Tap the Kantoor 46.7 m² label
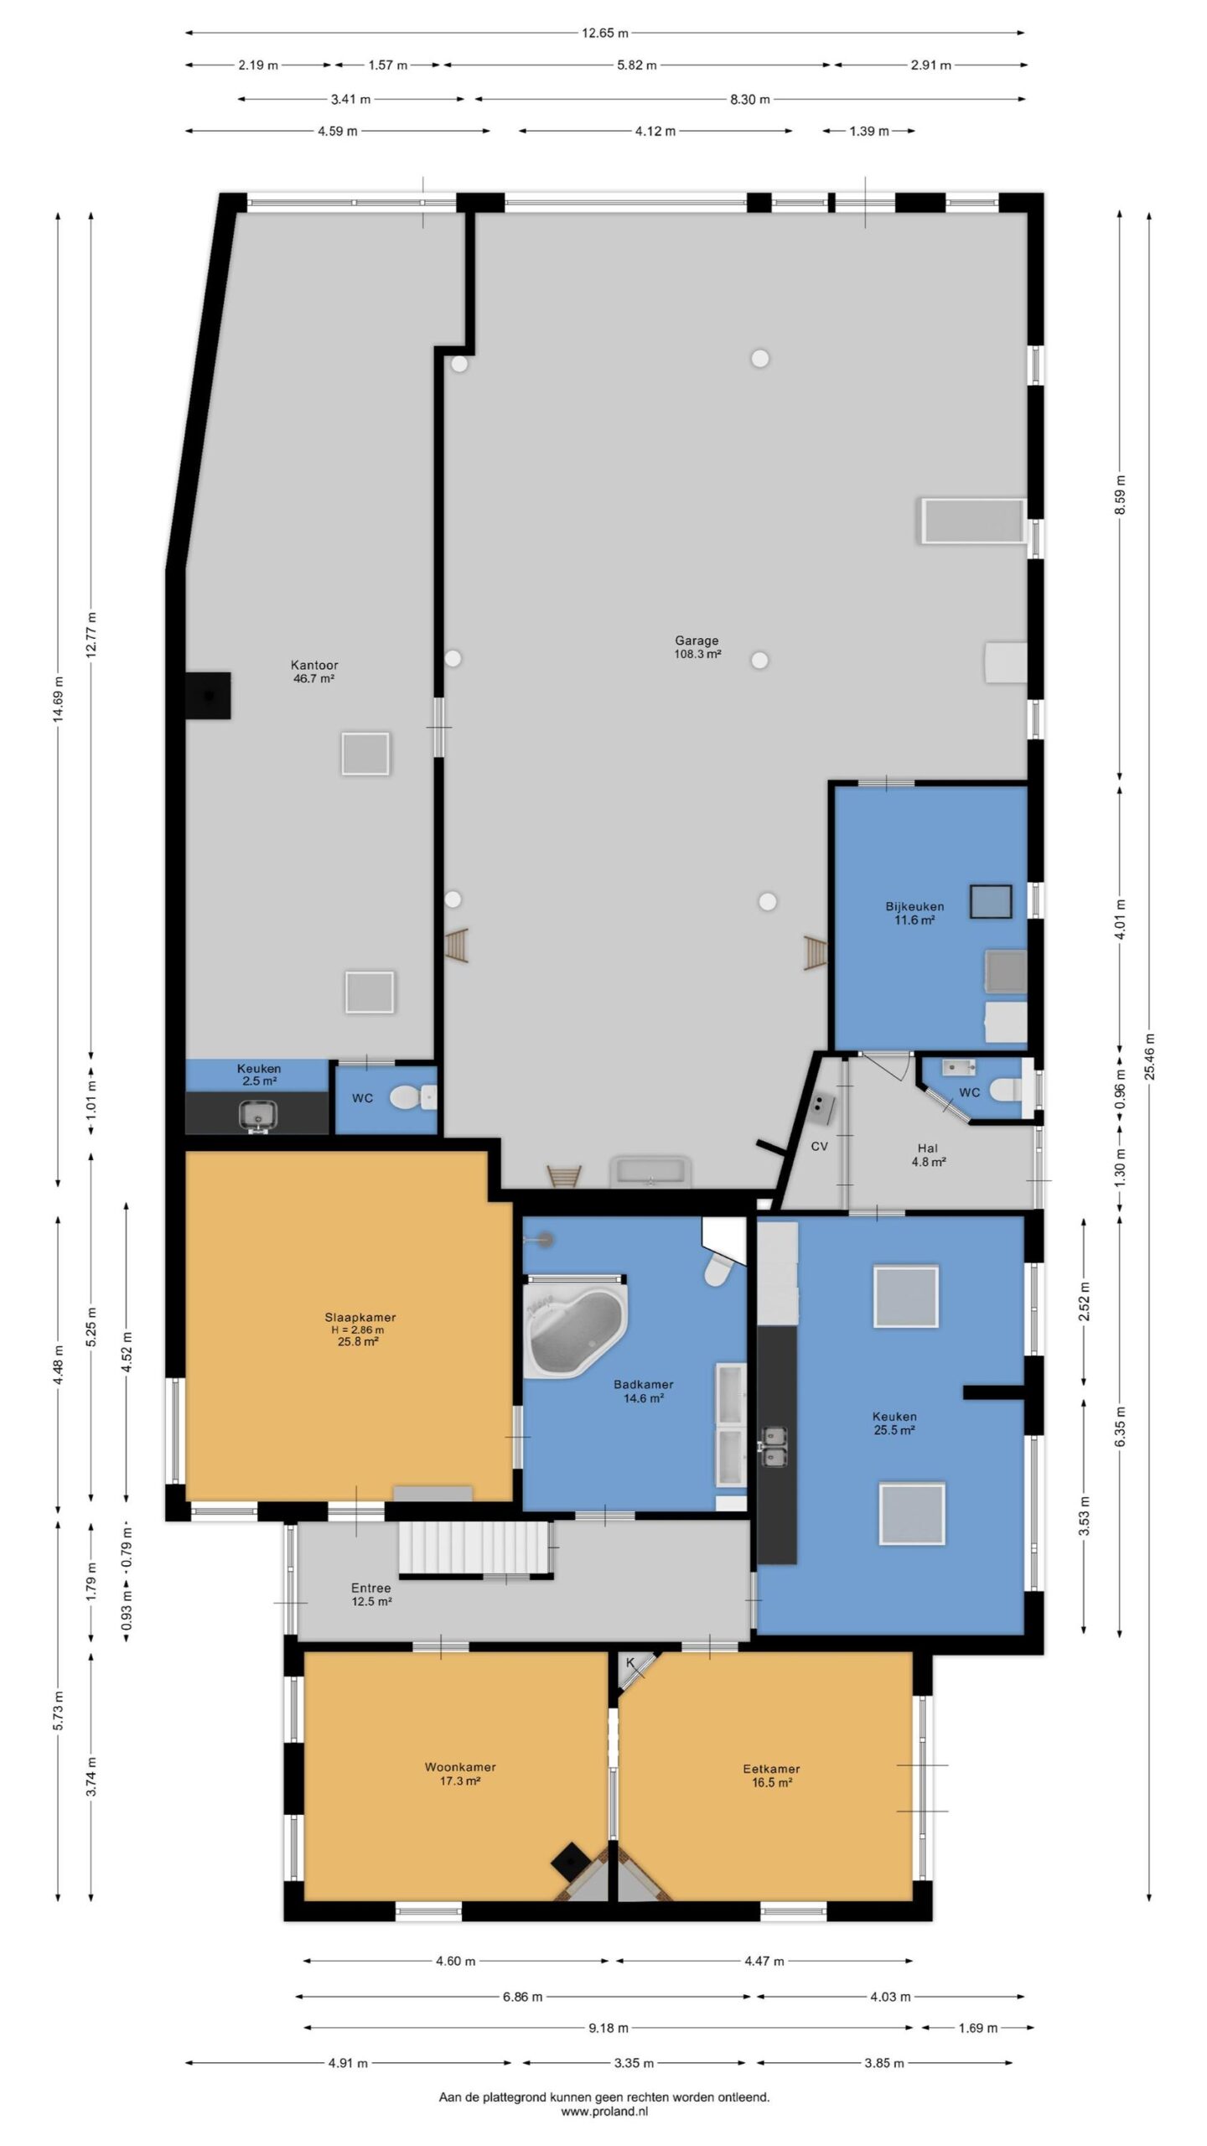[x=314, y=672]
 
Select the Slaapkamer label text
[x=360, y=1317]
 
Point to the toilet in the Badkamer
[x=718, y=1270]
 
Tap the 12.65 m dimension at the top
[x=605, y=34]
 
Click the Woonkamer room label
[x=460, y=1767]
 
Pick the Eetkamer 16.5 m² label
[x=771, y=1775]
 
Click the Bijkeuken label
[x=914, y=906]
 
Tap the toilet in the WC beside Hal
[x=1007, y=1090]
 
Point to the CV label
[x=819, y=1146]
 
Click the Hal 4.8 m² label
[x=928, y=1155]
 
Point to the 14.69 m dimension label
[x=58, y=698]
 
